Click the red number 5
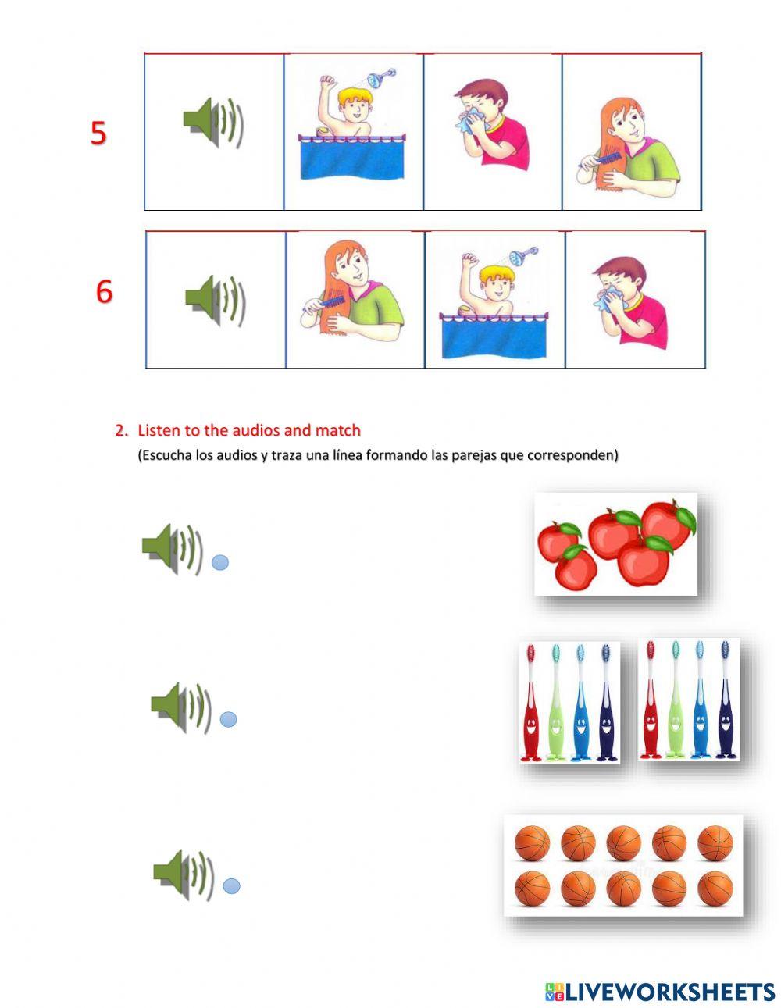[98, 134]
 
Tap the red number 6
[104, 292]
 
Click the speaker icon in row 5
[213, 123]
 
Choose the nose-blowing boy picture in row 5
[491, 124]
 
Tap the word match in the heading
[338, 430]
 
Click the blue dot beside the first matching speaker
[220, 562]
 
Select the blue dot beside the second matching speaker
[228, 720]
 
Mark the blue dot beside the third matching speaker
[231, 886]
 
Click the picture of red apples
[615, 544]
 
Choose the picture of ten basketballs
[623, 866]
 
